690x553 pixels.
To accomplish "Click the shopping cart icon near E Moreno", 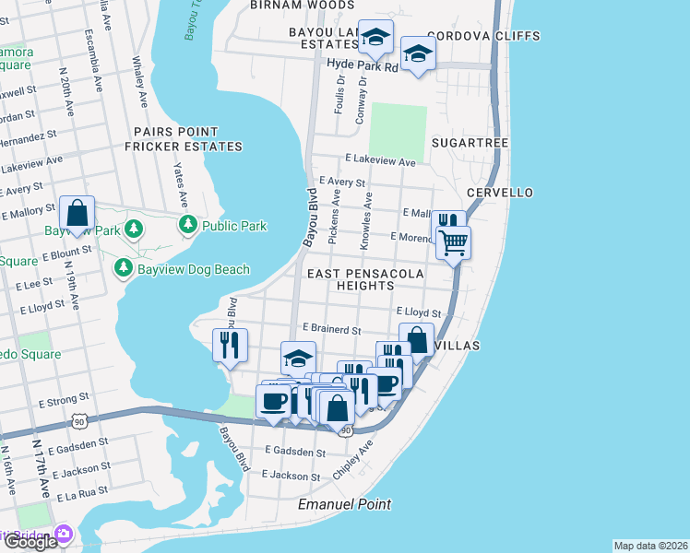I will (453, 243).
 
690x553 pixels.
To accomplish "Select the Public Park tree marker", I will (188, 224).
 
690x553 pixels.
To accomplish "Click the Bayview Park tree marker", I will (134, 229).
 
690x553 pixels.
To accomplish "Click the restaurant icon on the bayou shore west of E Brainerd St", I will (229, 346).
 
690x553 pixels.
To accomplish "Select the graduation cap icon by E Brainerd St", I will (298, 359).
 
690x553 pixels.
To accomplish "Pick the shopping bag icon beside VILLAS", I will (417, 339).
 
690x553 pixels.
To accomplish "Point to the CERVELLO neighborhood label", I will (499, 193).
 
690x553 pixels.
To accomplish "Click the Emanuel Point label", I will (344, 504).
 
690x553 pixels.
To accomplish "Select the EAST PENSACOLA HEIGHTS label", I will (365, 280).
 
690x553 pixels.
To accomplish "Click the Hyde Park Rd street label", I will (363, 66).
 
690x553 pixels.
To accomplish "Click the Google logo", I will (30, 542).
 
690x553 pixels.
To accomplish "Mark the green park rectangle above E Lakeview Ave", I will (398, 130).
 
